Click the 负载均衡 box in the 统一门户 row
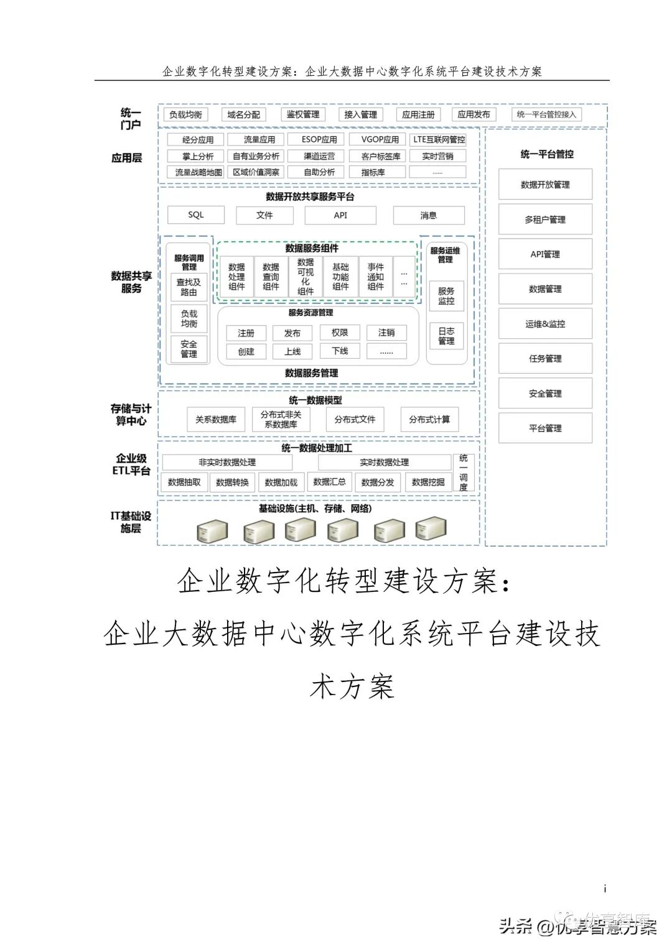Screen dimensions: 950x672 (186, 115)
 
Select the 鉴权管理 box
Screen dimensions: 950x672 (303, 115)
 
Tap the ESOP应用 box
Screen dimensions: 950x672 (319, 140)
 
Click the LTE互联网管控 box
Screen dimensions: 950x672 (439, 140)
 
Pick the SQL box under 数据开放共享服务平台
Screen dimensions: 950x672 (196, 215)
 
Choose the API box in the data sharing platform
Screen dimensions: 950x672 (340, 215)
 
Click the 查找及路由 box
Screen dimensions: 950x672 (189, 287)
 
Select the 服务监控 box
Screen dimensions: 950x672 (446, 296)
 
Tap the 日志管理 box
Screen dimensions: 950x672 (446, 336)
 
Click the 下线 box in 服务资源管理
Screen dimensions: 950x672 (340, 351)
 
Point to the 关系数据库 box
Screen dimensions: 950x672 (216, 420)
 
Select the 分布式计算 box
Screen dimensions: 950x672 (429, 420)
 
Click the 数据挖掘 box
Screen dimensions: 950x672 (428, 482)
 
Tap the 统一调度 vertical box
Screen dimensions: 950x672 (464, 473)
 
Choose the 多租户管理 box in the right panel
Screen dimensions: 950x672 (545, 219)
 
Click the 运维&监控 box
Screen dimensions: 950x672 (545, 324)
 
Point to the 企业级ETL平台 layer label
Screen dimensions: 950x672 (131, 464)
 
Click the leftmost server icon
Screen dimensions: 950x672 (212, 532)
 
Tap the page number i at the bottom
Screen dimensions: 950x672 (605, 889)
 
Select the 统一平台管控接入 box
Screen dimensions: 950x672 (547, 115)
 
